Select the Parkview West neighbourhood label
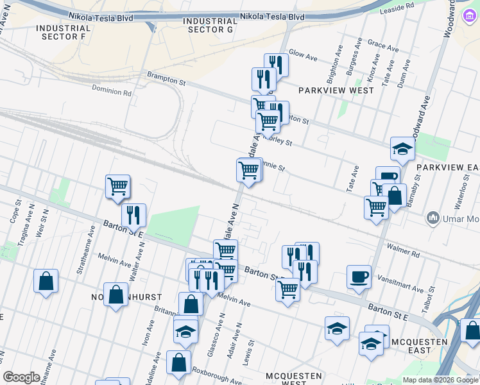[336, 90]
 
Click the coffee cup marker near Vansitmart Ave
[359, 277]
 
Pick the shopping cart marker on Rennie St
[248, 171]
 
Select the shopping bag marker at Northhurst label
[116, 295]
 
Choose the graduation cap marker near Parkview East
[402, 149]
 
